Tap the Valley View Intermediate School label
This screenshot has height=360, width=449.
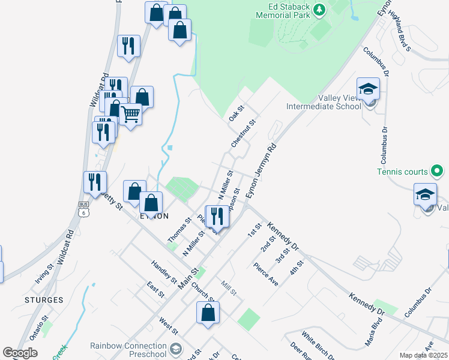pos(324,102)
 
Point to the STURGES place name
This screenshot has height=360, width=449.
pos(44,299)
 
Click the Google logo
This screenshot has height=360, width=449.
pos(20,353)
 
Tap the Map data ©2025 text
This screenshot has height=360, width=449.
pos(423,355)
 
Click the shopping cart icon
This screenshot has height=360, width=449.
pos(130,113)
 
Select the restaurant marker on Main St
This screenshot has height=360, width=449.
pos(217,215)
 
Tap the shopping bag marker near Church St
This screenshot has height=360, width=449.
pos(208,312)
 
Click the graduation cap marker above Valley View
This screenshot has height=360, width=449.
pos(368,89)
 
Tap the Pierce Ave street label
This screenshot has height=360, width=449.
pos(265,274)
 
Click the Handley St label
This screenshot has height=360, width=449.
pos(164,271)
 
